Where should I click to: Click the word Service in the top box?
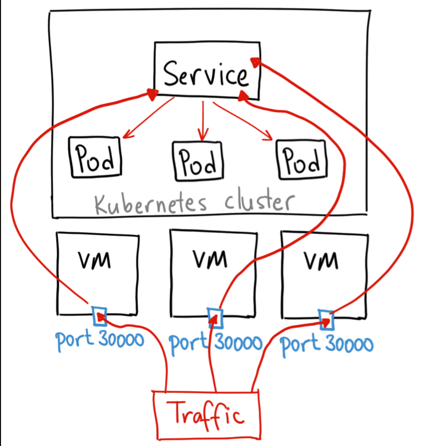206,73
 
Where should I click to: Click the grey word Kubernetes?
151,203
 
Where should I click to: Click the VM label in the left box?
95,260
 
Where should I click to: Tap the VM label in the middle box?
210,259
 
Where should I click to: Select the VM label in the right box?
321,260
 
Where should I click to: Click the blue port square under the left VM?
99,316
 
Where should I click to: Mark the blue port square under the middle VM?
215,318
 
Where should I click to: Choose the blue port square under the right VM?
326,320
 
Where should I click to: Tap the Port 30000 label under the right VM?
326,345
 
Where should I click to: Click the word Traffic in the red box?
206,415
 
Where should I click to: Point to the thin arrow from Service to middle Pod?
203,121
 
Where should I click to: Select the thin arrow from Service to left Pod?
149,118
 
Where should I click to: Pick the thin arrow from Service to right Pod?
243,121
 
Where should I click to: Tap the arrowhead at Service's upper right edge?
255,62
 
